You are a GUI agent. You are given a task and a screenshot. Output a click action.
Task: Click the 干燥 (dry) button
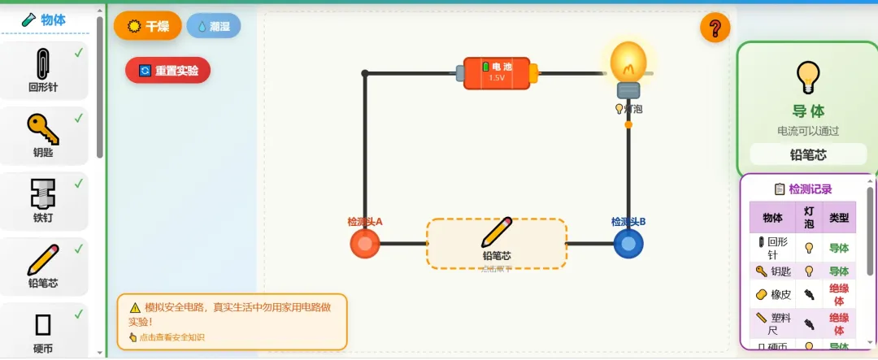[x=147, y=26]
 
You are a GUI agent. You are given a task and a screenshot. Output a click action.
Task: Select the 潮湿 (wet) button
[x=213, y=26]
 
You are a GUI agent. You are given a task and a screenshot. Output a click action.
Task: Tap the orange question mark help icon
[x=715, y=29]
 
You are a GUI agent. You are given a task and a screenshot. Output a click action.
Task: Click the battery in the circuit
[x=496, y=73]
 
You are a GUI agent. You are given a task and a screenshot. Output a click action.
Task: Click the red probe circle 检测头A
[x=365, y=243]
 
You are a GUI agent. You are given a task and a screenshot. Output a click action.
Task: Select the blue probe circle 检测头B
[x=628, y=243]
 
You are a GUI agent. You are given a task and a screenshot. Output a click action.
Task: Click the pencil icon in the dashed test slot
[x=496, y=232]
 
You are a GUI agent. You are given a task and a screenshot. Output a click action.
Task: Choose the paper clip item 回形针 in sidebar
[x=44, y=72]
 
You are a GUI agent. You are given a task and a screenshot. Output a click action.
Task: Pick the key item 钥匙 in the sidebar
[x=44, y=136]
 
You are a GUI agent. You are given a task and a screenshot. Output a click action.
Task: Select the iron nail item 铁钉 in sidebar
[x=44, y=201]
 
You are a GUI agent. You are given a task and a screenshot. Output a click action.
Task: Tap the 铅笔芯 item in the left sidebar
[x=44, y=267]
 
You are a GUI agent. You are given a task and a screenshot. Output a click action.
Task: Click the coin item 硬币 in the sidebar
[x=44, y=332]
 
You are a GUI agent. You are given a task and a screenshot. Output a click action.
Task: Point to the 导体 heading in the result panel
[x=807, y=111]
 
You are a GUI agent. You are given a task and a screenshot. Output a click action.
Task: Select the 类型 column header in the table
[x=838, y=218]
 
